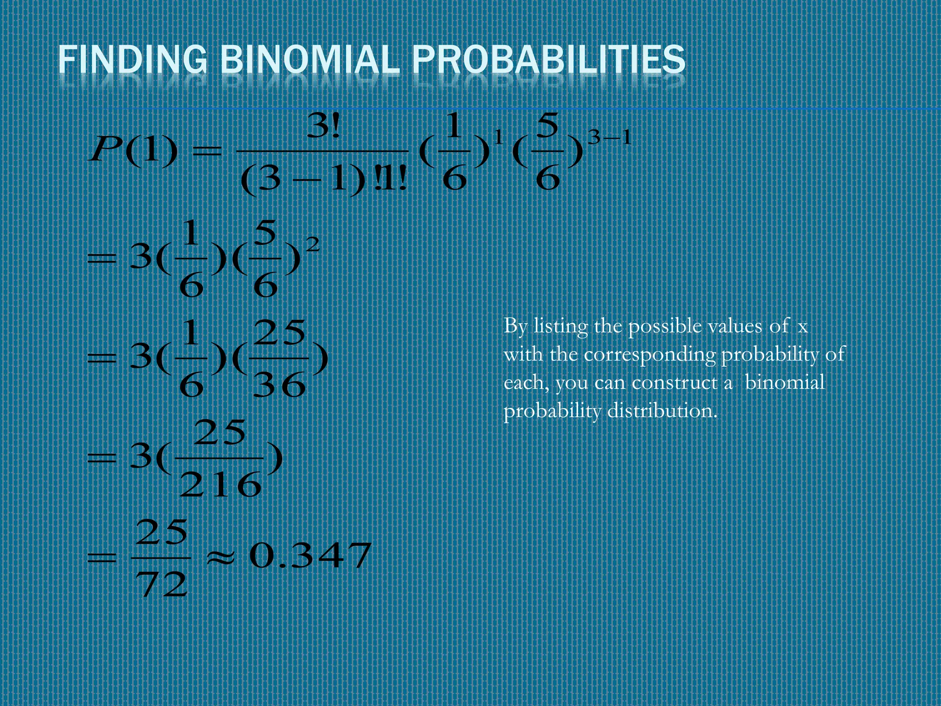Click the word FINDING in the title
click(x=132, y=59)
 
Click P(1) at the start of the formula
click(x=133, y=150)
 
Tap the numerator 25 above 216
click(x=220, y=433)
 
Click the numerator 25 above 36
click(x=279, y=332)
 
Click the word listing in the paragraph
click(x=561, y=327)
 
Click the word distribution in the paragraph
click(x=662, y=411)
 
